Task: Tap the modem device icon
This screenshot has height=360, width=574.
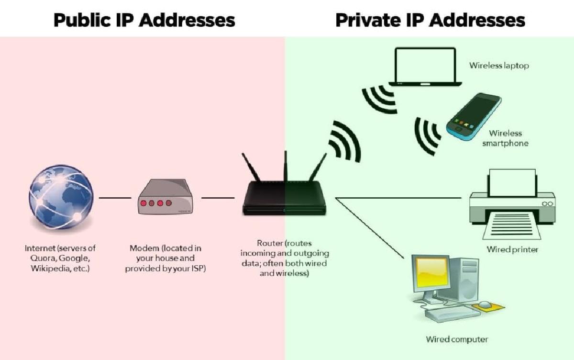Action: pyautogui.click(x=166, y=198)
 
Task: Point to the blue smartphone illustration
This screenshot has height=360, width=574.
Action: pyautogui.click(x=474, y=115)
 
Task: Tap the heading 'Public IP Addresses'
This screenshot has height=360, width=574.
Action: pyautogui.click(x=144, y=20)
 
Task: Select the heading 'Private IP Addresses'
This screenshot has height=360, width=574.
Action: pyautogui.click(x=430, y=20)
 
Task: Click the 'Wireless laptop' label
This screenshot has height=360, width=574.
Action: pyautogui.click(x=499, y=66)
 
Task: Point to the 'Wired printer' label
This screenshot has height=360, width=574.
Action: pyautogui.click(x=512, y=249)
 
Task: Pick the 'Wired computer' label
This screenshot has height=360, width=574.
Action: pyautogui.click(x=457, y=339)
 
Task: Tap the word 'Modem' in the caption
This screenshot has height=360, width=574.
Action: pyautogui.click(x=144, y=248)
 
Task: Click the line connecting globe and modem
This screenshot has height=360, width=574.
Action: pyautogui.click(x=115, y=198)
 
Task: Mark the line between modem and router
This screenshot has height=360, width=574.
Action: pyautogui.click(x=218, y=198)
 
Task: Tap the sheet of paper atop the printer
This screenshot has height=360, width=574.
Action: pyautogui.click(x=511, y=182)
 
